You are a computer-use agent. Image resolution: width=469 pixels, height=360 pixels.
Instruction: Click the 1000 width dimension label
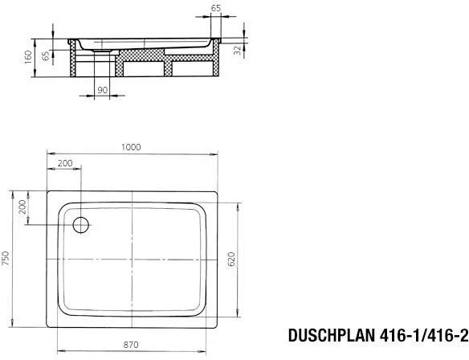point(131,147)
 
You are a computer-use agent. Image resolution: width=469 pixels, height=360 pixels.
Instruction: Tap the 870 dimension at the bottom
point(131,345)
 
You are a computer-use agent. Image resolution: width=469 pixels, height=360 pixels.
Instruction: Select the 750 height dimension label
point(6,259)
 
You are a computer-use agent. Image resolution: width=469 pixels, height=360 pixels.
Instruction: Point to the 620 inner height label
point(231,260)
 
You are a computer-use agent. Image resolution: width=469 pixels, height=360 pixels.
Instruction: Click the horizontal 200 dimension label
point(65,163)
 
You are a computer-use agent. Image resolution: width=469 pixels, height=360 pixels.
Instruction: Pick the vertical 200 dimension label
point(22,207)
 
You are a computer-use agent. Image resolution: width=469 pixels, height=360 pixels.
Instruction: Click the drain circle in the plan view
point(81,225)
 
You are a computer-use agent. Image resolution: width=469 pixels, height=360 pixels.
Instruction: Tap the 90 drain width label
point(103,90)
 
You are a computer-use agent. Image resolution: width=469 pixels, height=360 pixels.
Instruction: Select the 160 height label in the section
point(28,57)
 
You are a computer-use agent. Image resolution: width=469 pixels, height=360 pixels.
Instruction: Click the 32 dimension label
point(238,51)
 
